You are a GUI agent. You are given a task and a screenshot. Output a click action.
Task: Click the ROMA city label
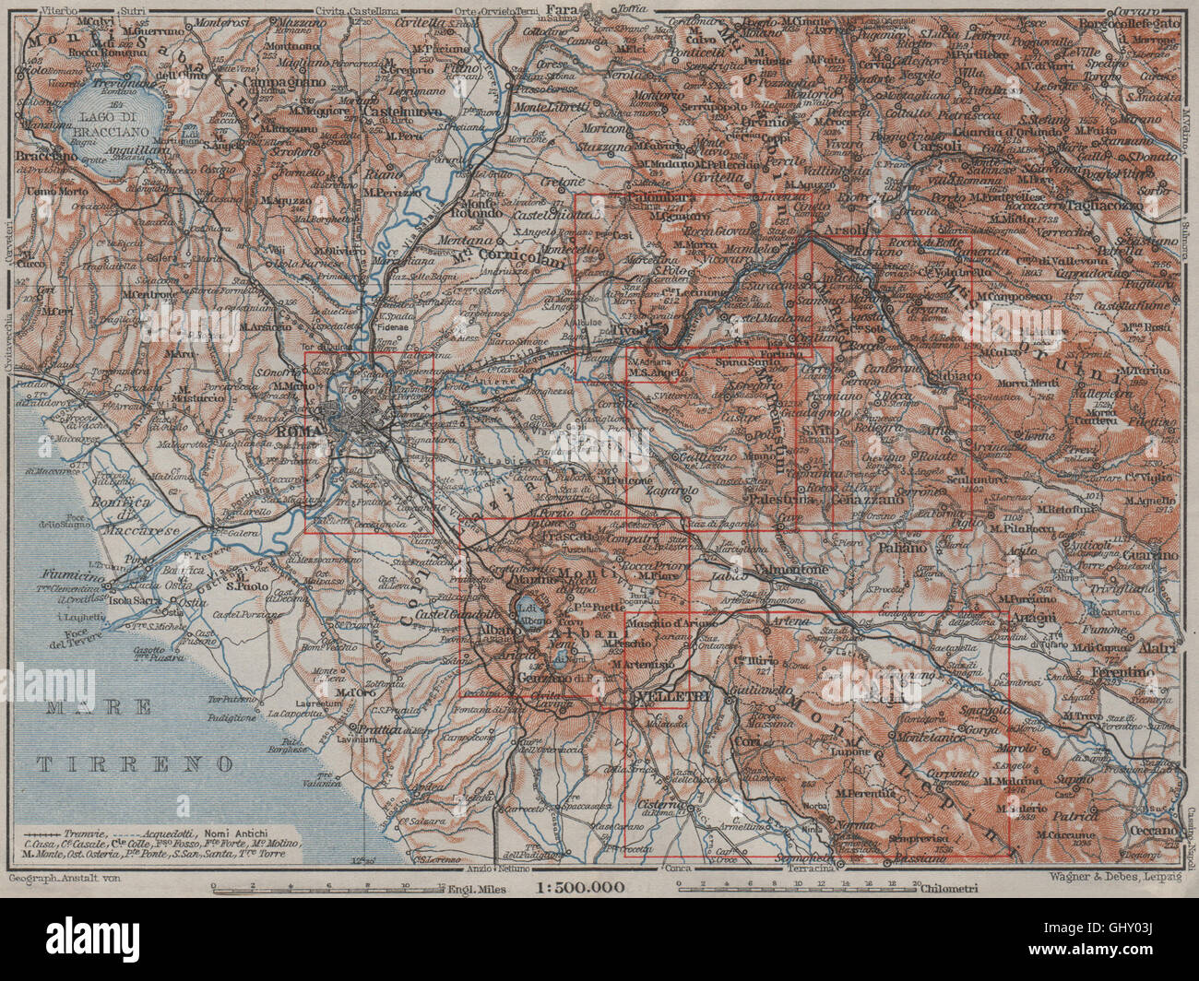tap(293, 431)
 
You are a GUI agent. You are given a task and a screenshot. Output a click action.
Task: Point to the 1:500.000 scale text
tap(579, 888)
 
